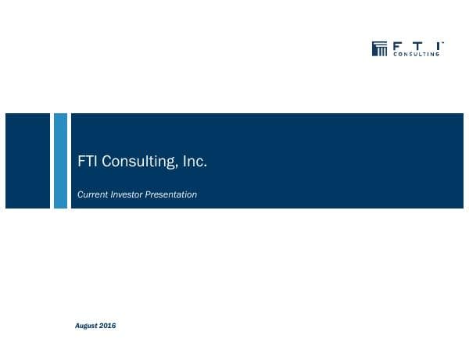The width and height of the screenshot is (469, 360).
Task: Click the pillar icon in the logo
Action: pos(380,49)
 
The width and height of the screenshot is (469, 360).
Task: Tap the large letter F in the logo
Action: pos(396,45)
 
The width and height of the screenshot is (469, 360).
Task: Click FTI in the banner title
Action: pos(88,162)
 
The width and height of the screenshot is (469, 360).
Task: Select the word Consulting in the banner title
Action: pos(138,162)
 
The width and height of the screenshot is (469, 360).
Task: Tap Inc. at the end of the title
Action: pos(195,162)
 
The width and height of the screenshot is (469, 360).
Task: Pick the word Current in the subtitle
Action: pos(91,194)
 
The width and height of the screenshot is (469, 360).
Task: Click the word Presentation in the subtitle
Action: pos(172,194)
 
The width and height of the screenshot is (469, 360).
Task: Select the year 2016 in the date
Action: pos(108,326)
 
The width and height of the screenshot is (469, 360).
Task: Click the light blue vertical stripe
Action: pos(60,161)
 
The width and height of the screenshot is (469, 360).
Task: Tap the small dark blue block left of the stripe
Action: pos(27,161)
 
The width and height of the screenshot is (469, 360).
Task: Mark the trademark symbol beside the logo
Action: pos(443,43)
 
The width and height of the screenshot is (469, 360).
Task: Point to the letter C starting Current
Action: pos(81,194)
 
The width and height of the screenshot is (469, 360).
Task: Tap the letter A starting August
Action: pos(76,326)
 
